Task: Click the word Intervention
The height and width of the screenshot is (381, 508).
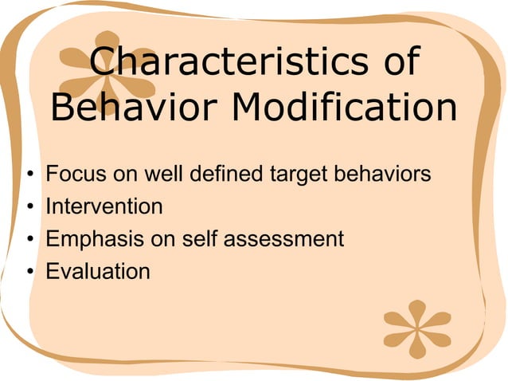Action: tap(104, 206)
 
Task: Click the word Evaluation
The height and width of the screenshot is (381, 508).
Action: tap(97, 271)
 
